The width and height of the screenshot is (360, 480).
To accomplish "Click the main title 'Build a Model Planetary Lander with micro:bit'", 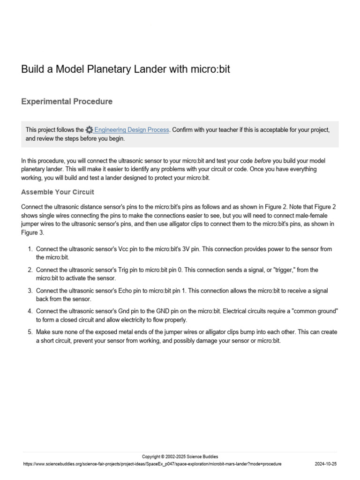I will pyautogui.click(x=126, y=69).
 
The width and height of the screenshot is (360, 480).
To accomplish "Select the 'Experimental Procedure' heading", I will pyautogui.click(x=67, y=101).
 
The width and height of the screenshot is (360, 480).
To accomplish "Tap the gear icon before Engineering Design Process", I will pyautogui.click(x=89, y=130).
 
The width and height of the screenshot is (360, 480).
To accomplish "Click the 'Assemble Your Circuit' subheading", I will pyautogui.click(x=58, y=192).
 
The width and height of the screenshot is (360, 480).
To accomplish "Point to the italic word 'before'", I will pyautogui.click(x=262, y=161).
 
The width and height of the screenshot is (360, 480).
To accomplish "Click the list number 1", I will pyautogui.click(x=30, y=249).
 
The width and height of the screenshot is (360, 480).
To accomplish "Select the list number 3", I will pyautogui.click(x=30, y=291).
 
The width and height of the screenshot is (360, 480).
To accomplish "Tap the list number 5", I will pyautogui.click(x=30, y=332).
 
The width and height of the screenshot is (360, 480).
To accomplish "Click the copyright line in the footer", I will pyautogui.click(x=180, y=457).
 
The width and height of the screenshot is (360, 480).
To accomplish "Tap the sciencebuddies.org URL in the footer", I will pyautogui.click(x=152, y=464).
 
